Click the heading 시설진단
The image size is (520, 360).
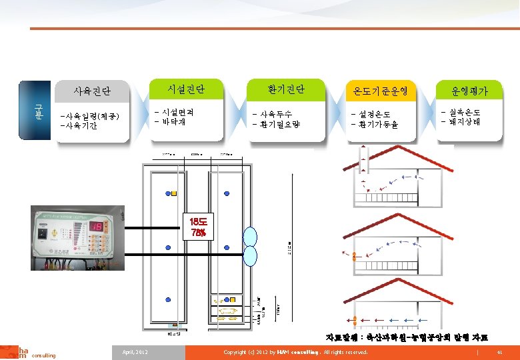186,88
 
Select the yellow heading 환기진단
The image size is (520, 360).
286,88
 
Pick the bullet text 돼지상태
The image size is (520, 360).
462,121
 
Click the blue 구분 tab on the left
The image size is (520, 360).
37,111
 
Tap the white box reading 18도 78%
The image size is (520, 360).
198,227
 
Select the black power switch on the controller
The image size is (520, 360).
45,234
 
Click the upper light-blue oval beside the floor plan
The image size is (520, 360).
251,237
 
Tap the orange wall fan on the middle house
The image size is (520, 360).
355,255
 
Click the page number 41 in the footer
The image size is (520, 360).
499,351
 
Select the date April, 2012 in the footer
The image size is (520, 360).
135,351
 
